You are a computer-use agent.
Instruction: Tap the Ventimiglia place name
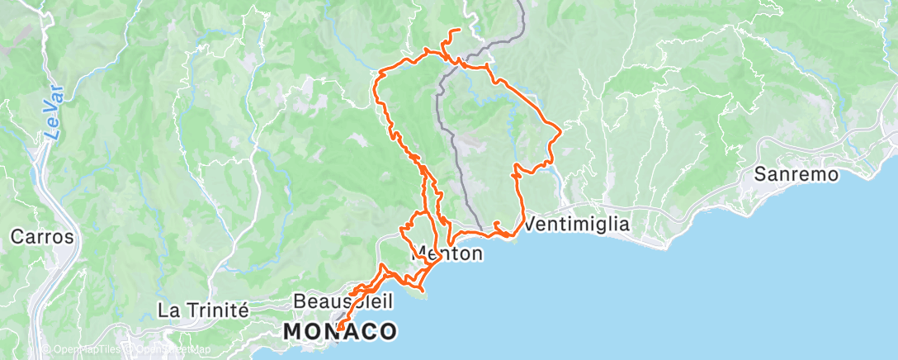(577, 224)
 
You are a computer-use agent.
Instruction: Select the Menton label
(450, 254)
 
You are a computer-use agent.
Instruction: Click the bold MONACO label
(340, 332)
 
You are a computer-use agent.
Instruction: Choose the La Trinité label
(203, 310)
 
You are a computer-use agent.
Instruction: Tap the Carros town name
(42, 238)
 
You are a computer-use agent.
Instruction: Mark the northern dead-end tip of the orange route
(459, 31)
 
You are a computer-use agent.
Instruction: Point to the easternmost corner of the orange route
(560, 130)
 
